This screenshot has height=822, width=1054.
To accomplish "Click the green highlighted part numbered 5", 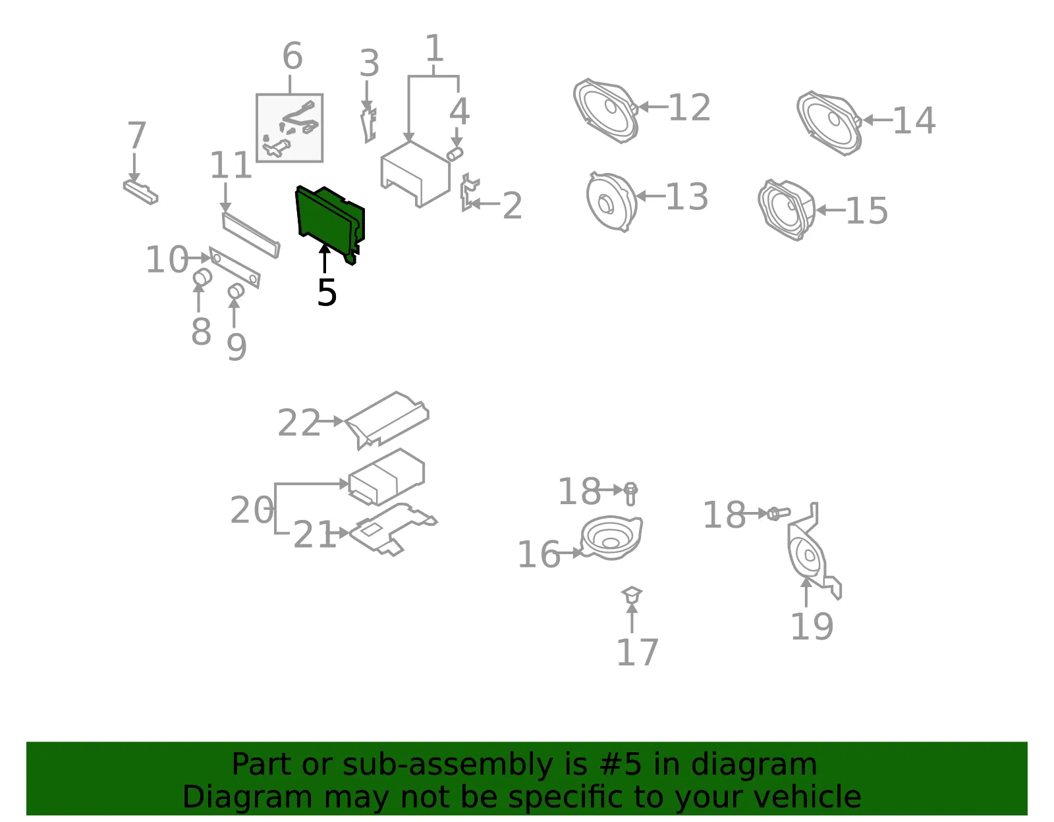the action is click(330, 221).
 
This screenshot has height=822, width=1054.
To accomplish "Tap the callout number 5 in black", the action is click(327, 293).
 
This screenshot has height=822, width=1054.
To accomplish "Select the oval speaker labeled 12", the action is click(605, 111).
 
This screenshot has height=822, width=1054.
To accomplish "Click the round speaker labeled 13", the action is click(611, 201).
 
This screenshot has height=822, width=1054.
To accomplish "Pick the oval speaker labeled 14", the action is click(829, 123).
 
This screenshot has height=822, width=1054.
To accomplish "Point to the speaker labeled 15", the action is click(787, 209).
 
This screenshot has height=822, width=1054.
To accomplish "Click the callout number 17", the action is click(637, 652).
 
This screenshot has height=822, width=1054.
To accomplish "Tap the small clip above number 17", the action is click(631, 594).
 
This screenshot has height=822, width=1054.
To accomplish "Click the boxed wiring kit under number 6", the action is click(289, 128).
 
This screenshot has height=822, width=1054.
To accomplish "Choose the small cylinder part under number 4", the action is click(455, 155).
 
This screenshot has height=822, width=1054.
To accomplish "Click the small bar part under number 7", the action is click(140, 192).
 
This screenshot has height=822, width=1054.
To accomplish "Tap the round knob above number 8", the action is click(202, 278).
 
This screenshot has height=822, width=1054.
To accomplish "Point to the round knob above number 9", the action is click(236, 291).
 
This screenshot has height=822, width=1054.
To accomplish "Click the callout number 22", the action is click(298, 423).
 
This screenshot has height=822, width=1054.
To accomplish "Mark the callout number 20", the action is click(252, 510).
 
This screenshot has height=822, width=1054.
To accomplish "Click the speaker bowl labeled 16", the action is click(611, 538).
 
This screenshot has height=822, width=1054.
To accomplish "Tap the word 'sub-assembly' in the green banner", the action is click(447, 764).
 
